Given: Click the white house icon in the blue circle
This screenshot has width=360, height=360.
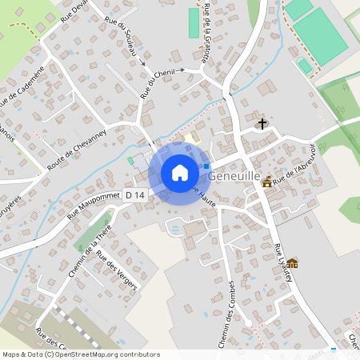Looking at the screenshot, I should click(x=180, y=173).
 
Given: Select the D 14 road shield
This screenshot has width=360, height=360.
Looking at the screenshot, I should click(x=135, y=195).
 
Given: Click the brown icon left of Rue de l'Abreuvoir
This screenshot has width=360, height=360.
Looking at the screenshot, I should click(x=266, y=182).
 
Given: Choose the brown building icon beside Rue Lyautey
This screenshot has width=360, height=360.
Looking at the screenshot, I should click(x=293, y=263).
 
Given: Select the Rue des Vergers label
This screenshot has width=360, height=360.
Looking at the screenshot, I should click(x=116, y=270).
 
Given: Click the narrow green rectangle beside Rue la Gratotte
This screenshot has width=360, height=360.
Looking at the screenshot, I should click(x=193, y=22).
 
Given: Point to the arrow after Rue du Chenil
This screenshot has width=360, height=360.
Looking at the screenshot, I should click(x=182, y=70).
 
